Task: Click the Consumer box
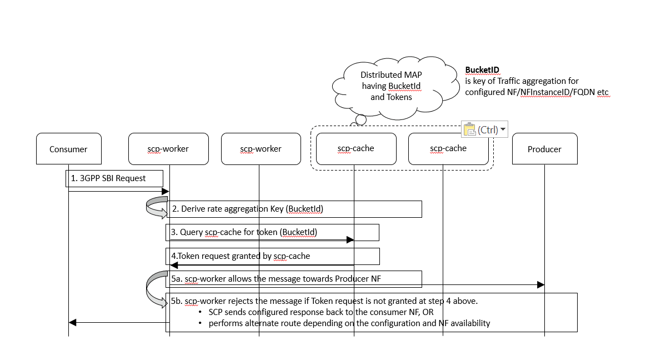[x=68, y=149]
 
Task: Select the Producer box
[x=544, y=149]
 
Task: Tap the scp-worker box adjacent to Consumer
[x=168, y=149]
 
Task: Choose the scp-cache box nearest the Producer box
[x=448, y=148]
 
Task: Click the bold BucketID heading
[x=482, y=70]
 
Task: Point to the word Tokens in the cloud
[x=399, y=97]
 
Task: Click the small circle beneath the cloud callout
[x=361, y=119]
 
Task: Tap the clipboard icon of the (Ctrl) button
[x=469, y=129]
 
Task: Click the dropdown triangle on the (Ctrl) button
[x=503, y=129]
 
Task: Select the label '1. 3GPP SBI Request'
[x=108, y=178]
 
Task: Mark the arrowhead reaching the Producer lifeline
[x=540, y=284]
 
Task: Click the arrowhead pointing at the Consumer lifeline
[x=73, y=322]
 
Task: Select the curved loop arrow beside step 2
[x=156, y=208]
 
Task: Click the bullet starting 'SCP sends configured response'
[x=321, y=312]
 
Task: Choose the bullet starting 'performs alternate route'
[x=349, y=323]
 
